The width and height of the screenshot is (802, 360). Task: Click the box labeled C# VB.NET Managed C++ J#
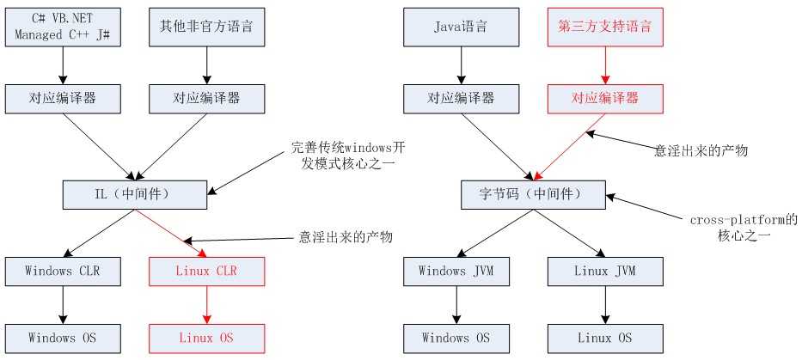[64, 27]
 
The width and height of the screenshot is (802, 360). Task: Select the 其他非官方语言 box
[205, 27]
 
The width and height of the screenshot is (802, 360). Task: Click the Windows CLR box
[64, 272]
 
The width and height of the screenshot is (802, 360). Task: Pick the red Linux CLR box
[207, 272]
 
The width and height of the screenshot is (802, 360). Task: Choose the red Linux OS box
[207, 337]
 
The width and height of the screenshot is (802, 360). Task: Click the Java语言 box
[461, 27]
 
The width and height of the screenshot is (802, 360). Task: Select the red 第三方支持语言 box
[605, 27]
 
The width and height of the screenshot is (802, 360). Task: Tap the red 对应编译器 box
[605, 99]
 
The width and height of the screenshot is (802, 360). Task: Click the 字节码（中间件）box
[533, 193]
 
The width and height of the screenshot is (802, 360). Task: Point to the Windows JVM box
[461, 272]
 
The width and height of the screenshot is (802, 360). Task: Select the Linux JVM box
[605, 272]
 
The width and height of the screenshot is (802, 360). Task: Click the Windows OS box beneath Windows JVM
[461, 337]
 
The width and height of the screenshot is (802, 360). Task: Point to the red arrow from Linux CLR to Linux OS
[207, 304]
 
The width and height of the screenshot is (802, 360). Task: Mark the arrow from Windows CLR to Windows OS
[64, 304]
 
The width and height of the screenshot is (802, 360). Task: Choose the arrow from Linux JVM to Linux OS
[605, 304]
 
